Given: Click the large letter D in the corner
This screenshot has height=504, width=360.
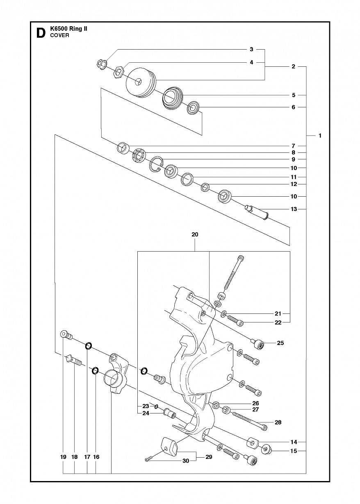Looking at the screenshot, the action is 41,33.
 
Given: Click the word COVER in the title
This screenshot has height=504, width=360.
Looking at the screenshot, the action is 60,35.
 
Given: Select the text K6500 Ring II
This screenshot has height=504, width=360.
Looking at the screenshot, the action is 68,29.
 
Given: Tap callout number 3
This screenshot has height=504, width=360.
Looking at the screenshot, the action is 251,49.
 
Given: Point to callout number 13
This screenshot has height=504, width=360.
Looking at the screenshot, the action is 294,209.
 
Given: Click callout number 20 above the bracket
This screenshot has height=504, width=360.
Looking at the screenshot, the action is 195,234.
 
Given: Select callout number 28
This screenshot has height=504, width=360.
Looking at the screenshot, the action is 278,422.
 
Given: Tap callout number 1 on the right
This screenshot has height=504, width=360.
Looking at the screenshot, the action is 320,136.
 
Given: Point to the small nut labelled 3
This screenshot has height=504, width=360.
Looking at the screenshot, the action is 102,65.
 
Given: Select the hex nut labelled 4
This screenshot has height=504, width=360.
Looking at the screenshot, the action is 118,72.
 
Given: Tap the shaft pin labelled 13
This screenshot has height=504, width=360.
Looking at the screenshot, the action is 257,212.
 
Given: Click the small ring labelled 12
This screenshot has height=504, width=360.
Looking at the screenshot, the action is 205,187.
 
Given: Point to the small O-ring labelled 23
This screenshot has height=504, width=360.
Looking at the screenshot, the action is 156,406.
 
